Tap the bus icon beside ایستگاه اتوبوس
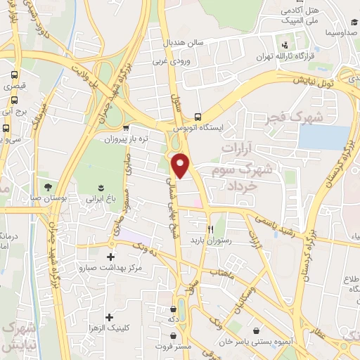(198, 117)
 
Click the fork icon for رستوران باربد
(210, 229)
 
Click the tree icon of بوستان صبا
(47, 187)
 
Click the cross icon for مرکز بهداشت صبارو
(110, 257)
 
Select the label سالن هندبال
(185, 42)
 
